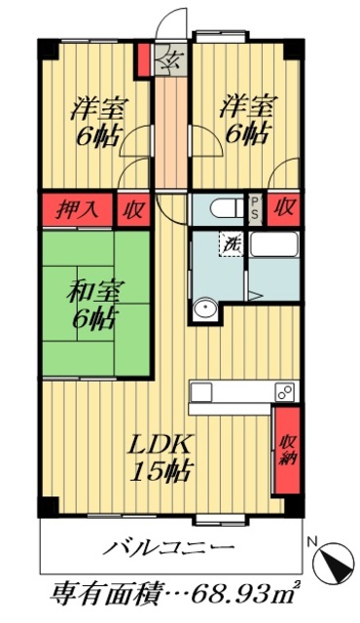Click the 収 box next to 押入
point(130,208)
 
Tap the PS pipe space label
point(255,208)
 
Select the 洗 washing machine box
point(234,242)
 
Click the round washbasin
point(204,310)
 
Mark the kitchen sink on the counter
point(201,392)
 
